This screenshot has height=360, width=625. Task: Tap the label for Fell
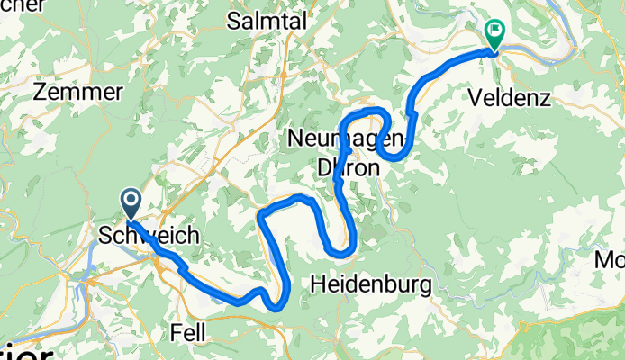coord(187,332)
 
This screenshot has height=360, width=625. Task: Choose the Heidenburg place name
coord(370,285)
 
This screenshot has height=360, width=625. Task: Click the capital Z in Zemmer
coord(40,92)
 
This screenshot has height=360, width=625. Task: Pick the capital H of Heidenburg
coord(316,285)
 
